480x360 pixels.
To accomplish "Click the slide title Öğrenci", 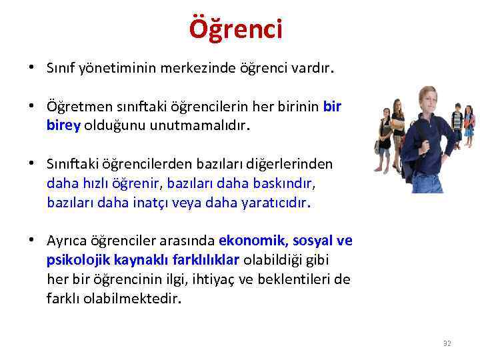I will (x=236, y=29).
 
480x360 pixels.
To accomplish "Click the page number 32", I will (x=447, y=343).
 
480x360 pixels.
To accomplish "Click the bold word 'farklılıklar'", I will (x=207, y=259).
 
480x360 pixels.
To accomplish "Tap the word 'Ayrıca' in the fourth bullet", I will (x=65, y=240).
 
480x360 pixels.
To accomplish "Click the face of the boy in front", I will (x=426, y=100).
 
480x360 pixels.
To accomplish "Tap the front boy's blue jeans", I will (x=427, y=183).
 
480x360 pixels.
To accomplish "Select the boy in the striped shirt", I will (x=457, y=123).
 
